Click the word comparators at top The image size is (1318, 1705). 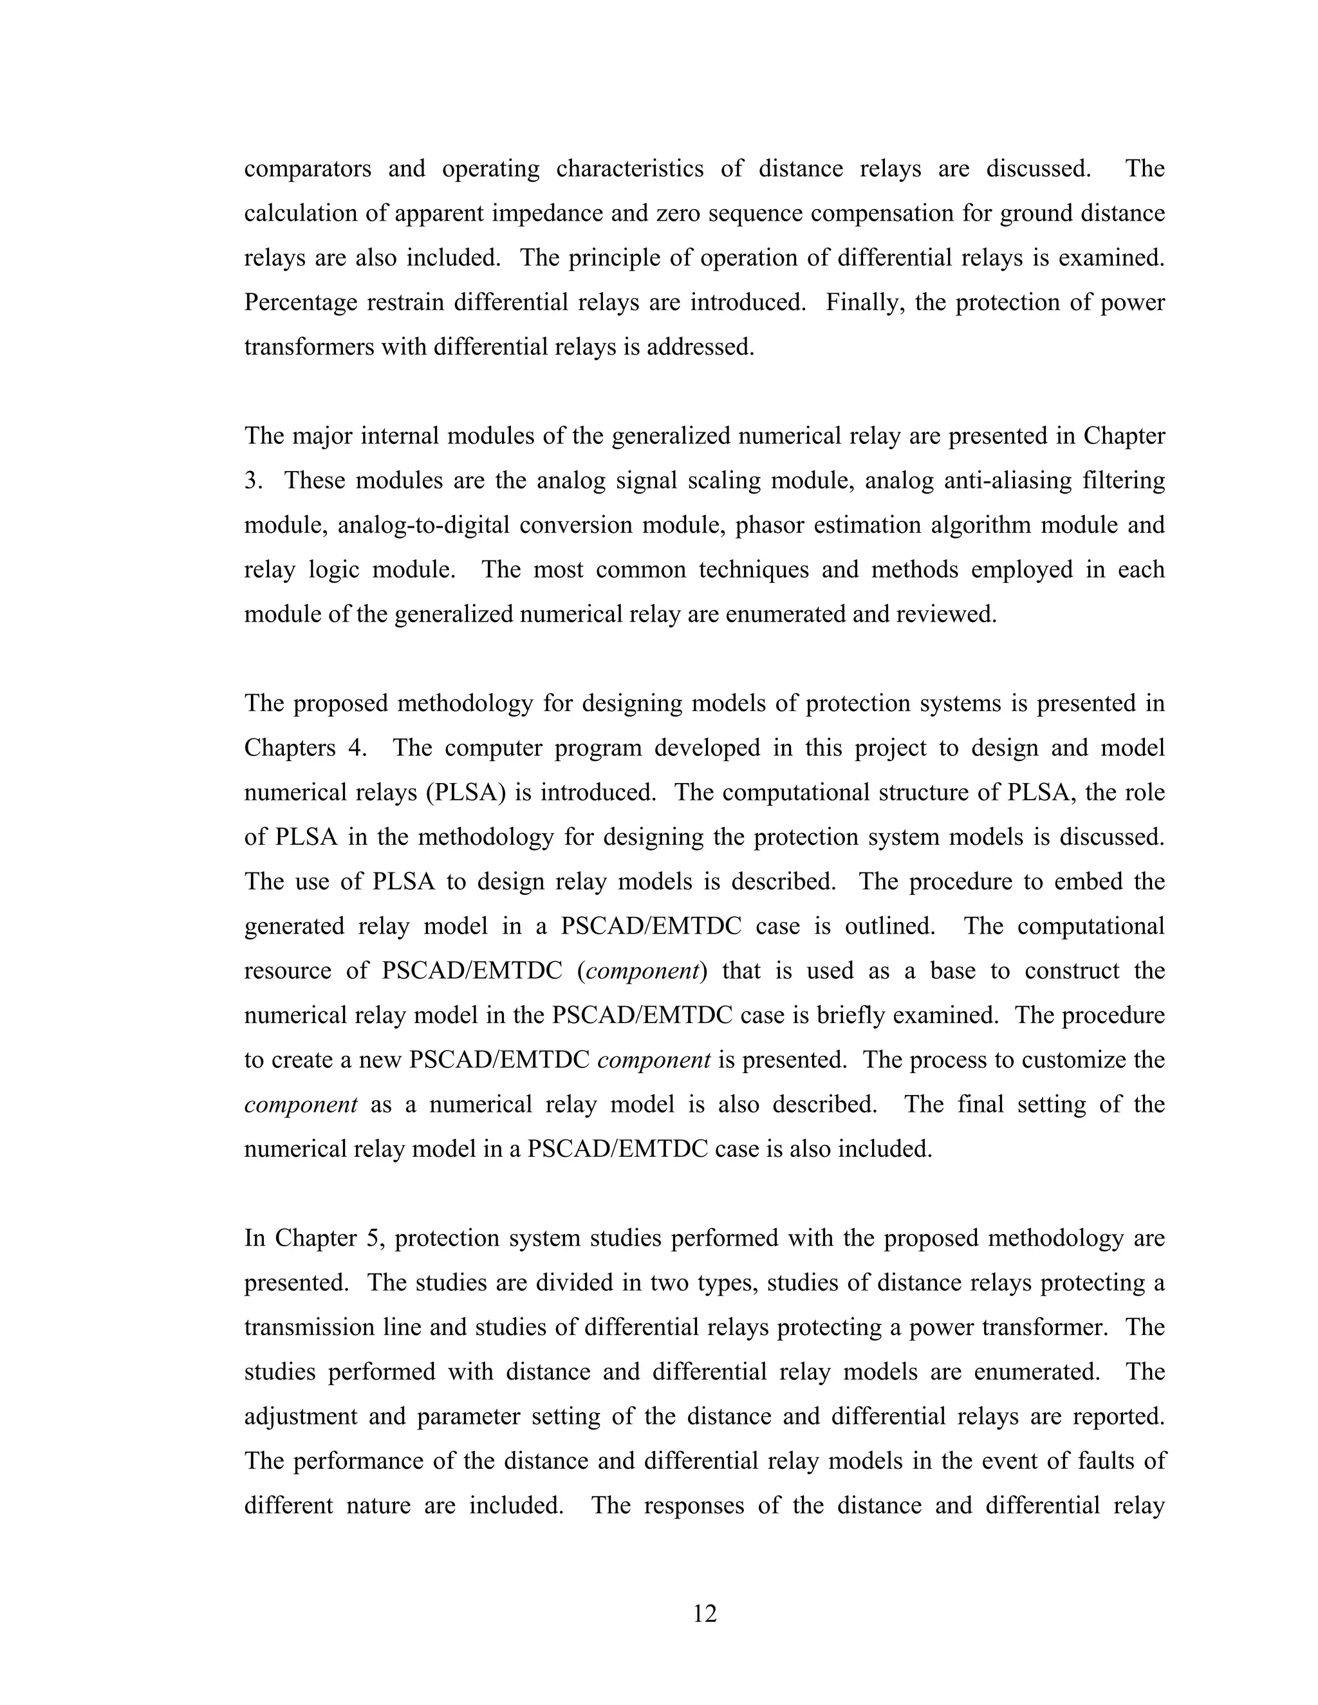(x=308, y=169)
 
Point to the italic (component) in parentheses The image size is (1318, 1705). (x=642, y=971)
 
